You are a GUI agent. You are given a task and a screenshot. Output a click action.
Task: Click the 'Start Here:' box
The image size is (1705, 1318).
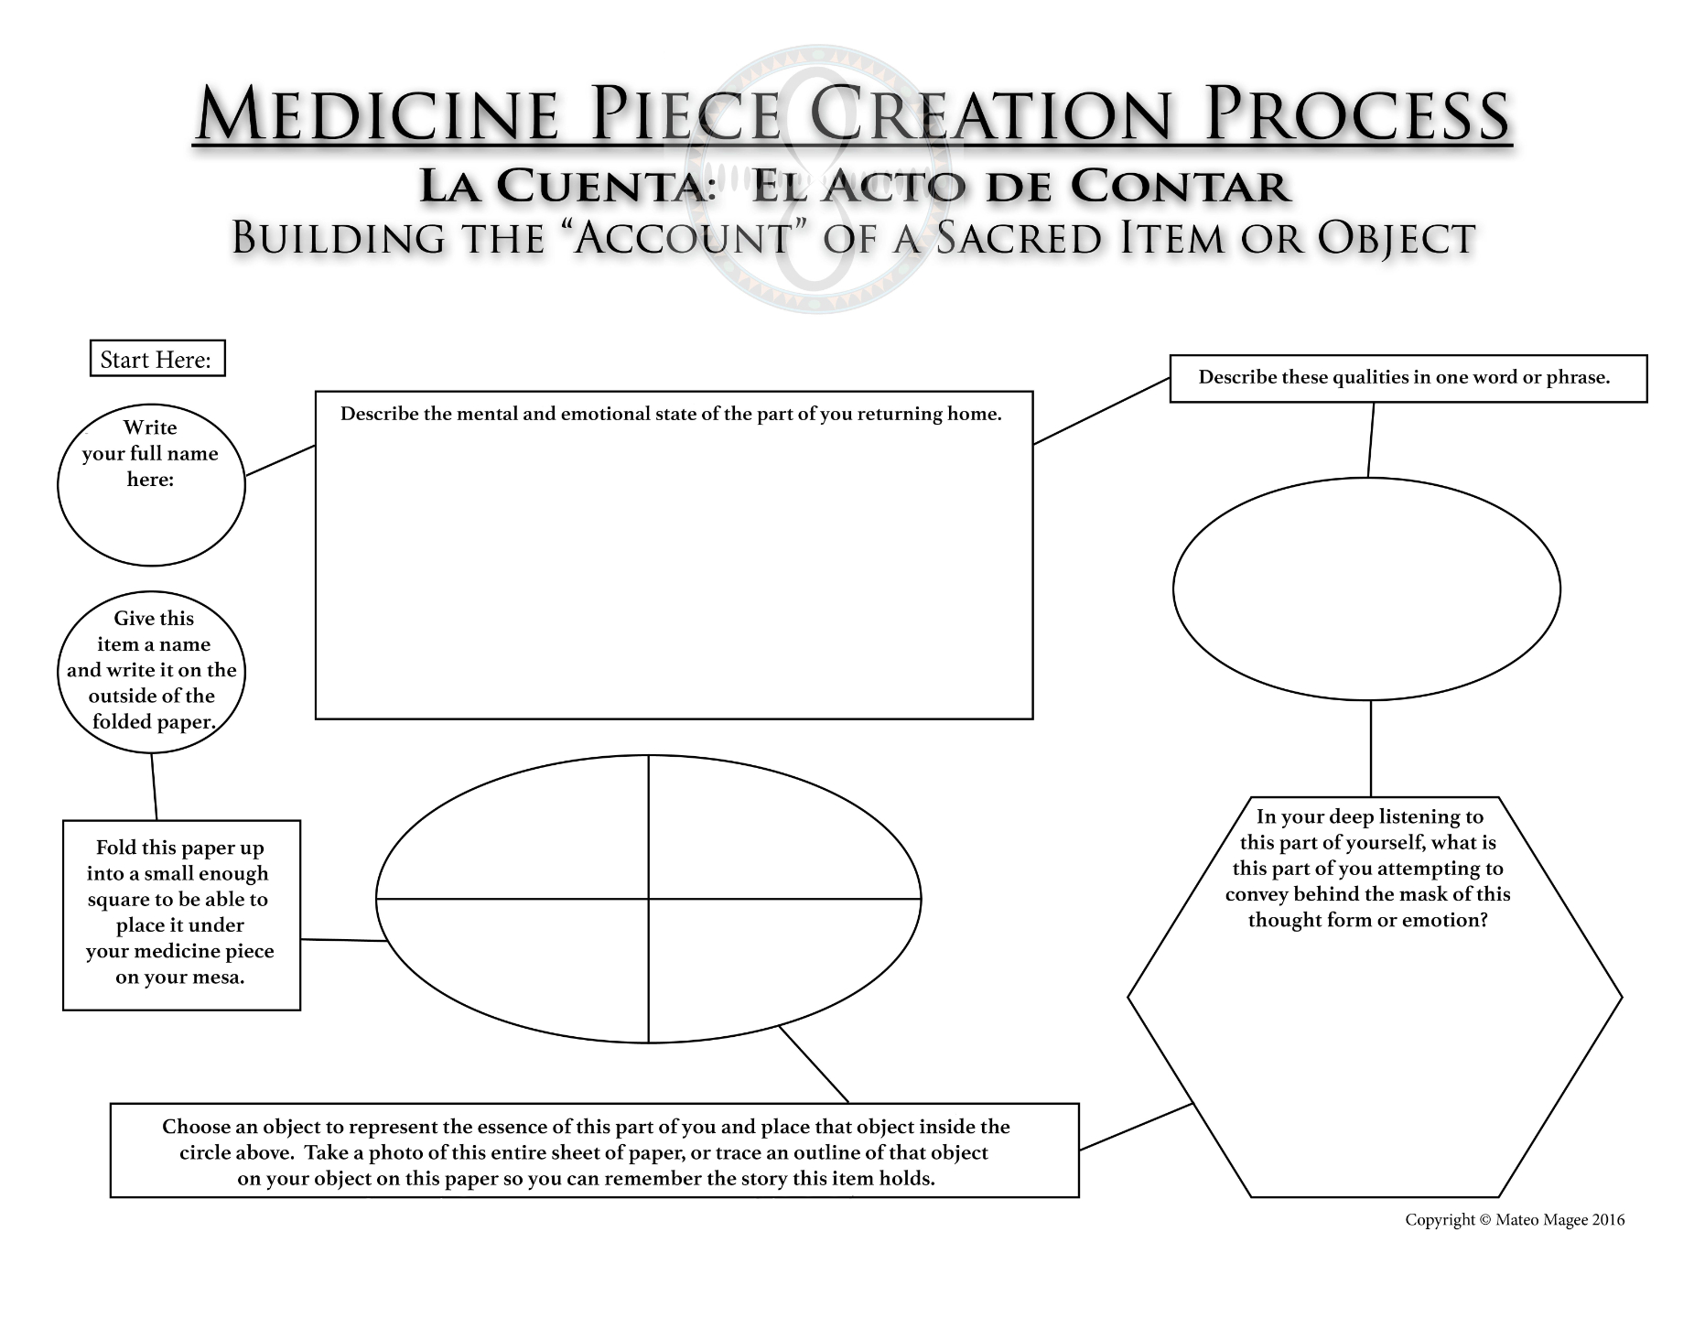coord(156,359)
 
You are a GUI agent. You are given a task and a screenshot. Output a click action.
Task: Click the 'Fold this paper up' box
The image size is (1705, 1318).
coord(181,914)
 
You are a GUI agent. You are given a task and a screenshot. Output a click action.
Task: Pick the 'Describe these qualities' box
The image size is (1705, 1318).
coord(1408,378)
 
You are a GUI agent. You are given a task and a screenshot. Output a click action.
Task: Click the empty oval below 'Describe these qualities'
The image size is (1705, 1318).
coord(1366,589)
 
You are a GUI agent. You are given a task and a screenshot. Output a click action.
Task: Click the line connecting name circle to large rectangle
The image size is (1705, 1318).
coord(280,460)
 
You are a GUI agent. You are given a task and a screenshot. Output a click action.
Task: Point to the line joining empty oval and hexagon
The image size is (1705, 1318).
coord(1370,749)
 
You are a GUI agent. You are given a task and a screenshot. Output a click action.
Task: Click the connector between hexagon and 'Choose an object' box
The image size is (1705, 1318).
coord(1136,1127)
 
